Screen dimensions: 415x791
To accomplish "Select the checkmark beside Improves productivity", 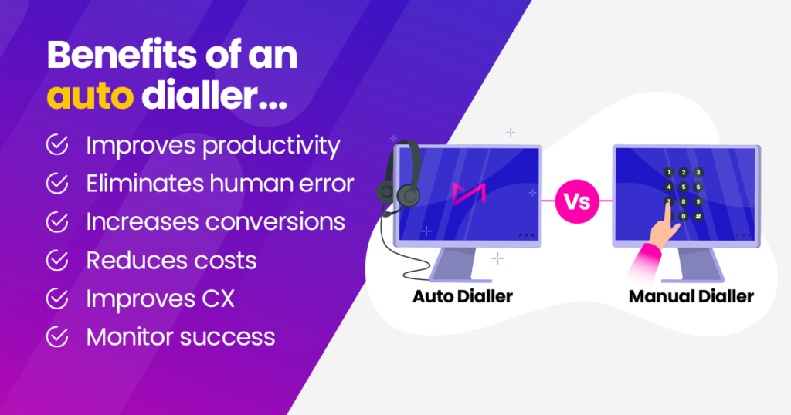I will coord(56,145).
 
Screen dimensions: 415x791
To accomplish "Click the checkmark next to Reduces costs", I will coord(56,261).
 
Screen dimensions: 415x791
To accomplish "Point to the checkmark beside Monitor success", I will coord(56,337).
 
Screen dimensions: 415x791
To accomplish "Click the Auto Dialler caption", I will coord(462,296).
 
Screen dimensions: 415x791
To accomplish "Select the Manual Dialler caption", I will coord(691,296).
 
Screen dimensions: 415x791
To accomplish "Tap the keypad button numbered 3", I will coord(698,172).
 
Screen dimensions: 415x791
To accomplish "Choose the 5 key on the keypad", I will coord(684,187).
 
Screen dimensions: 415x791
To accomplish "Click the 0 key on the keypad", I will coord(684,216).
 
